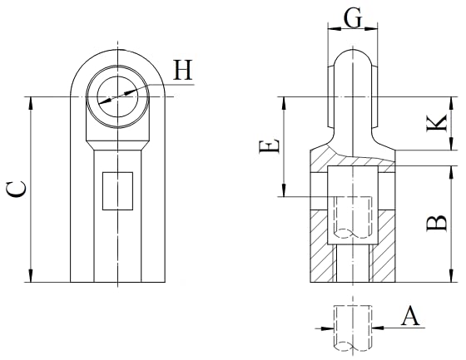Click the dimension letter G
tap(353, 17)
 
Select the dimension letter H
tap(183, 70)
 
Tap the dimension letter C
tap(17, 190)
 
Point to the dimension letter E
tap(270, 147)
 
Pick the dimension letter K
tap(437, 123)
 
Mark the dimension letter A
tap(410, 317)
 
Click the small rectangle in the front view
tap(117, 191)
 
